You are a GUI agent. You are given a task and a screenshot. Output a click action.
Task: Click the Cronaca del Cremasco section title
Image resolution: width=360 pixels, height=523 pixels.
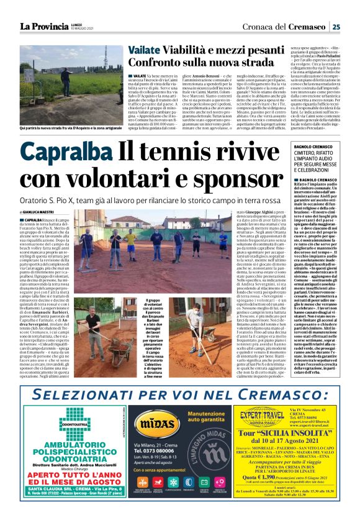point(289,26)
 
